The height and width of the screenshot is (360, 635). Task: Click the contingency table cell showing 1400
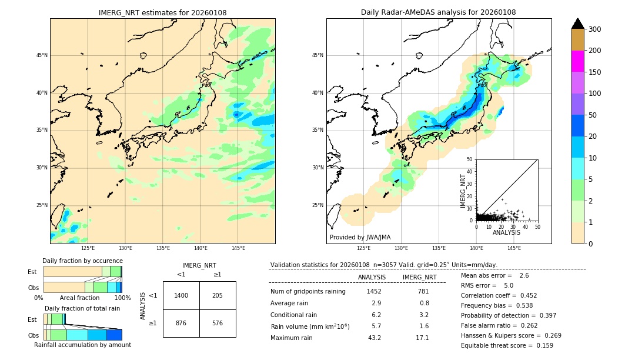pyautogui.click(x=181, y=295)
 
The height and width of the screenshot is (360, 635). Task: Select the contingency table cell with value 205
pyautogui.click(x=218, y=295)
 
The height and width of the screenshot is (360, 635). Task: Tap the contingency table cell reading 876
pyautogui.click(x=181, y=323)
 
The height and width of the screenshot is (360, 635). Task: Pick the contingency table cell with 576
pyautogui.click(x=218, y=323)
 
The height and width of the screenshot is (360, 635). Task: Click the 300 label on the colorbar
pyautogui.click(x=595, y=29)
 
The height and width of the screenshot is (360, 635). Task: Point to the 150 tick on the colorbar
pyautogui.click(x=595, y=72)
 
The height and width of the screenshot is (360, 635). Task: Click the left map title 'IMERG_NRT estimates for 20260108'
pyautogui.click(x=162, y=13)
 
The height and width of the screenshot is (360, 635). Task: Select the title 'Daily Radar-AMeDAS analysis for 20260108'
pyautogui.click(x=439, y=13)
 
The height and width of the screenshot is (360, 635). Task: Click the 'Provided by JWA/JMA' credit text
pyautogui.click(x=360, y=237)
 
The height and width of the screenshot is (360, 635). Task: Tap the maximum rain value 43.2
pyautogui.click(x=375, y=338)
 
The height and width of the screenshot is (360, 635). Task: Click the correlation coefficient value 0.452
pyautogui.click(x=526, y=296)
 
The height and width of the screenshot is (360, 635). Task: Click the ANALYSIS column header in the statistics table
pyautogui.click(x=372, y=277)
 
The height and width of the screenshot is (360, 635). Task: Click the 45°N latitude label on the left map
pyautogui.click(x=42, y=55)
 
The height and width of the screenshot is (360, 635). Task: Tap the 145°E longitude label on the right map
pyautogui.click(x=514, y=248)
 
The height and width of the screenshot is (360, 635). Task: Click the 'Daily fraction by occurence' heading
pyautogui.click(x=82, y=261)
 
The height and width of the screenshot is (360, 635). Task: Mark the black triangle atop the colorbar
pyautogui.click(x=578, y=24)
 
